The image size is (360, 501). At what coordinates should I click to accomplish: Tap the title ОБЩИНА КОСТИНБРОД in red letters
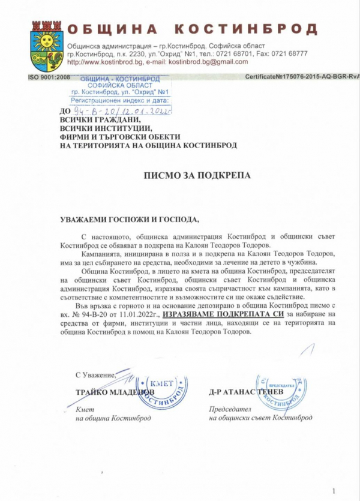[191, 30]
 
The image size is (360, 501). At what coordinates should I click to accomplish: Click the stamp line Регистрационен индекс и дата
[119, 100]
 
